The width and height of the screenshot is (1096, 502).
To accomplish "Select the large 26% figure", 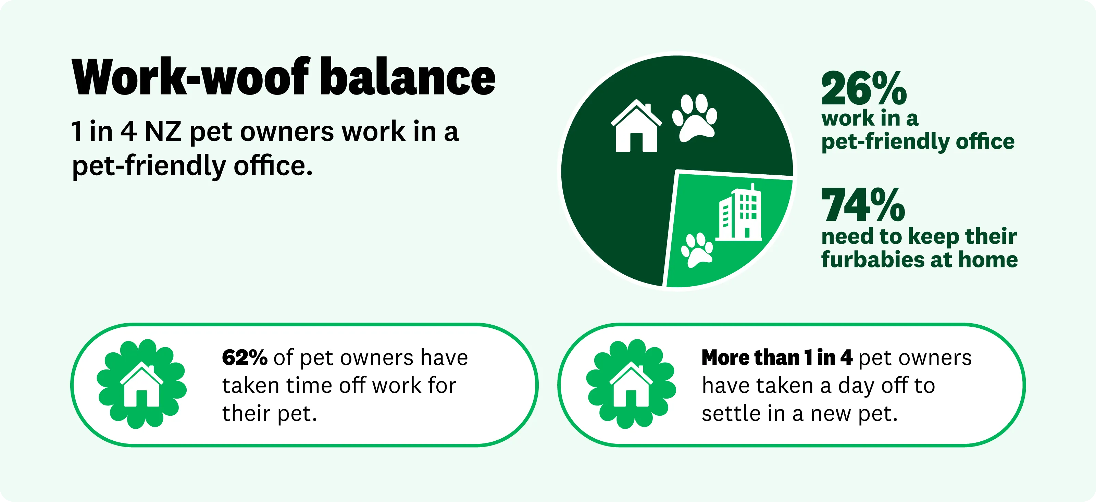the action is point(864,88).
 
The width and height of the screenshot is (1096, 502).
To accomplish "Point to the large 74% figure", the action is point(863,205).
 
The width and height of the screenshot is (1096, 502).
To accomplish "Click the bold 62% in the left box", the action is point(245,357).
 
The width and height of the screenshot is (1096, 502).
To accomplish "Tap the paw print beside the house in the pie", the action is point(694,118).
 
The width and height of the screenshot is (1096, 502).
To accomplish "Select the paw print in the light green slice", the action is point(697,250).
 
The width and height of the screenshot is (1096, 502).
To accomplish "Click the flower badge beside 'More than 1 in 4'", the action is point(631,384).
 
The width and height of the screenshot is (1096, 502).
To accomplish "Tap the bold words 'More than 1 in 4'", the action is point(777,357).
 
